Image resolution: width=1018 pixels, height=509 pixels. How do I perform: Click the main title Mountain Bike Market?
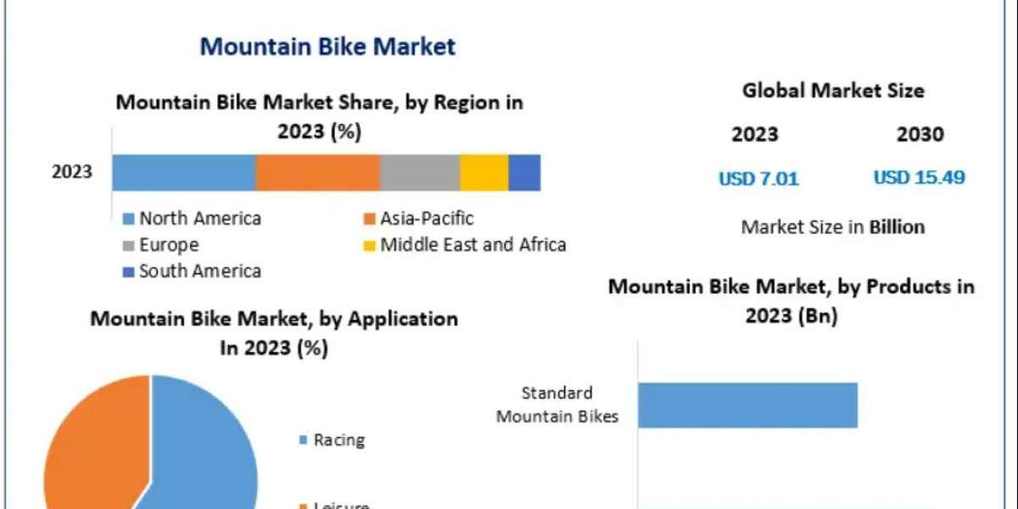coord(327,46)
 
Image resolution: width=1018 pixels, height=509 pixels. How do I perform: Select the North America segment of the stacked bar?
coord(183,172)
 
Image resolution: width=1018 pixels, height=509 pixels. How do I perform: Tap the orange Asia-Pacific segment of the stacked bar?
coord(317,172)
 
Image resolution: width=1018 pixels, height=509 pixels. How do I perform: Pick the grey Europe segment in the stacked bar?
coord(420,172)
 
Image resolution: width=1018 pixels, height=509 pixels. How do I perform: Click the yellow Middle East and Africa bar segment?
coord(484,172)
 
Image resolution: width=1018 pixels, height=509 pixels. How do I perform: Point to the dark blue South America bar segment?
coord(524,172)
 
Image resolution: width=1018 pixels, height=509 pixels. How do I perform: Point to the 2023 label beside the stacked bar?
coord(72,172)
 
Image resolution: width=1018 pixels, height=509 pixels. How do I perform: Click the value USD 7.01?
coord(758,178)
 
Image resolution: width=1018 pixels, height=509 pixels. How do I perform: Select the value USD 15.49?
coord(919,177)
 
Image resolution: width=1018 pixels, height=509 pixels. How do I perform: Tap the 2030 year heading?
coord(920,134)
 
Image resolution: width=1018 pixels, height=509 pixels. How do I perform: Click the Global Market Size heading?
coord(833,90)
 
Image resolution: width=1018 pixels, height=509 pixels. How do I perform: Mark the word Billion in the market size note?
coord(897,227)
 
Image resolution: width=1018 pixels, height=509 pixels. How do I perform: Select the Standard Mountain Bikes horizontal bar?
coord(747,405)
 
